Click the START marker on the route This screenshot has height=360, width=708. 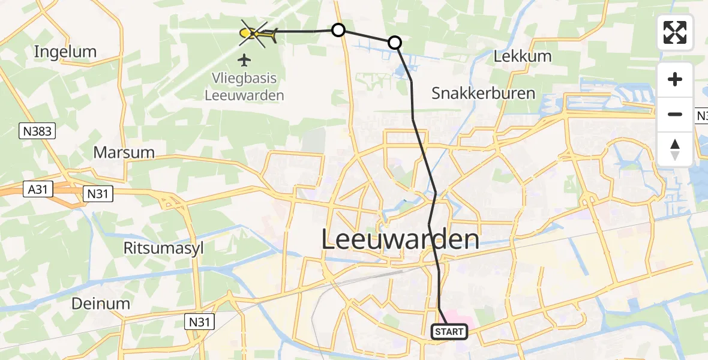tap(448, 332)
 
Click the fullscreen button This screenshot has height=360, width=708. tap(675, 32)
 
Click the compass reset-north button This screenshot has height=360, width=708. tap(675, 149)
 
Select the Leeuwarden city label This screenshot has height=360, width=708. tap(400, 239)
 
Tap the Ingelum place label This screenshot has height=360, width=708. tap(65, 52)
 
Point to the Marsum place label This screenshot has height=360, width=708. tap(124, 152)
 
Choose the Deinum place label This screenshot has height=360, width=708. tap(100, 304)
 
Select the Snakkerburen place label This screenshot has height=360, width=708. tap(483, 93)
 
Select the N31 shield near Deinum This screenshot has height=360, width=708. tap(199, 323)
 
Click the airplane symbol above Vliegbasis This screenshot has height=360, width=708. tap(244, 59)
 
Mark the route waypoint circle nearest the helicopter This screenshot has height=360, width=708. tap(338, 30)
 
